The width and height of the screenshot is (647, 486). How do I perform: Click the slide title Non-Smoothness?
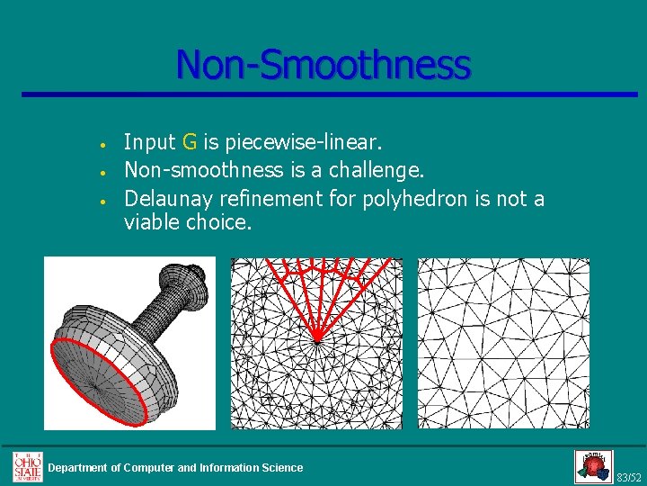point(323,65)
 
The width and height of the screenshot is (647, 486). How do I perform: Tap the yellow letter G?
point(190,141)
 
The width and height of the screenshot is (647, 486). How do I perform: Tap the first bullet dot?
point(105,144)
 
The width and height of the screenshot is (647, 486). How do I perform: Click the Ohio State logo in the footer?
point(27,466)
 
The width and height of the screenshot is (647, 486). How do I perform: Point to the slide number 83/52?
point(629,476)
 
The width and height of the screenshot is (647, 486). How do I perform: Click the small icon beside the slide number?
point(593,466)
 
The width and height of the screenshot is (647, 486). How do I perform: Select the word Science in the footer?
point(281,467)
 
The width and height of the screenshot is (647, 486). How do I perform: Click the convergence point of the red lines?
point(317,340)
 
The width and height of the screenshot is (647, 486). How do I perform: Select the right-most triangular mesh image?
point(503,343)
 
